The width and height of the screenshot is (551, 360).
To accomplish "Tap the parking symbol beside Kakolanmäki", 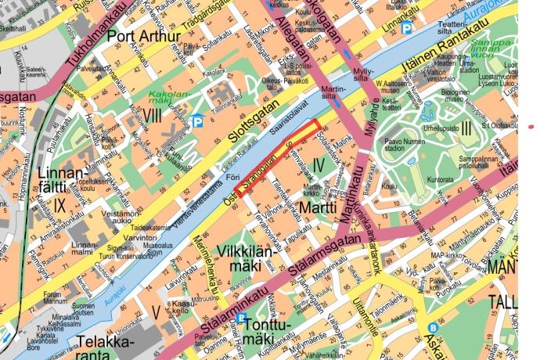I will point(195,121).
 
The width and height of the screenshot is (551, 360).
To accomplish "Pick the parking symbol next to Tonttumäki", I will point(242,319).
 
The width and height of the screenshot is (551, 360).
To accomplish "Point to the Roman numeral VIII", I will point(153,117).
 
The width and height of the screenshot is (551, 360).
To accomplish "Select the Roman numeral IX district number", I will point(60,206).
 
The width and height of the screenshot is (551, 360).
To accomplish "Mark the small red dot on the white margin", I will point(532,124).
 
